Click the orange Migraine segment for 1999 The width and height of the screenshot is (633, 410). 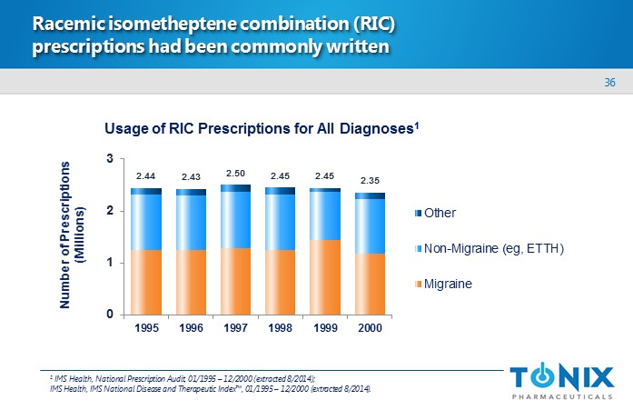[x=325, y=277]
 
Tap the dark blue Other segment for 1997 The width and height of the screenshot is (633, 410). [x=235, y=188]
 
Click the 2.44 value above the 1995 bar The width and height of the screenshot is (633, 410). [x=146, y=175]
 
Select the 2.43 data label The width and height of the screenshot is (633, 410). [x=191, y=176]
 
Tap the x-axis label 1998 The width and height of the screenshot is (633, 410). [x=280, y=328]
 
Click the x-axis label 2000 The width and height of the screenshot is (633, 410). [x=369, y=328]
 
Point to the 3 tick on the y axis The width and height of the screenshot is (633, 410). [x=110, y=159]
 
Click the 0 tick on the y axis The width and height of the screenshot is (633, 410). [x=110, y=315]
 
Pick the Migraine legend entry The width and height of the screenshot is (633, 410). [x=453, y=284]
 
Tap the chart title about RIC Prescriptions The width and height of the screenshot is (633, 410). [x=262, y=129]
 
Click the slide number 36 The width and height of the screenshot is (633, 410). [x=609, y=83]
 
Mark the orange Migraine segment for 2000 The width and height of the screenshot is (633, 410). [x=369, y=284]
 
